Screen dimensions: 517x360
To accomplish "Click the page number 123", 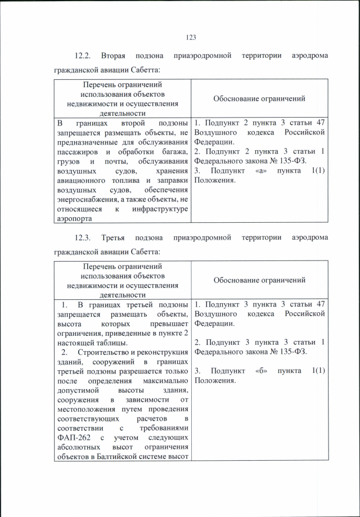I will pyautogui.click(x=191, y=37).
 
